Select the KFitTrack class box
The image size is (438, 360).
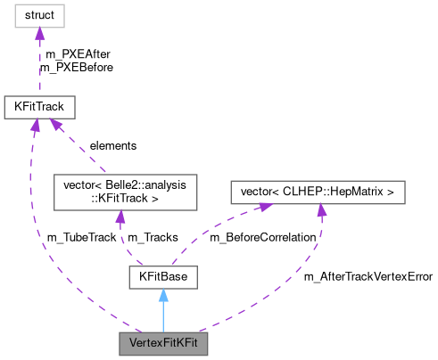[38, 107]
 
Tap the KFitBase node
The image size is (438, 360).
[162, 278]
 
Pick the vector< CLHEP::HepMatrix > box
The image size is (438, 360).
[317, 192]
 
